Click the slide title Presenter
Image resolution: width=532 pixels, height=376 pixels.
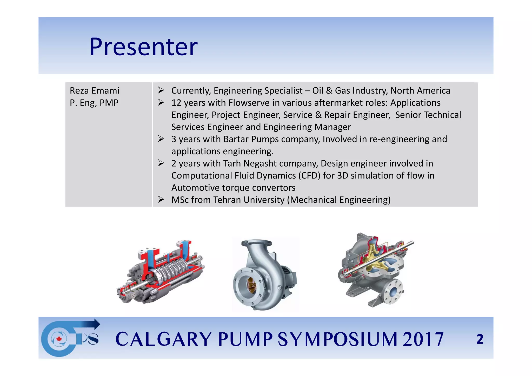(x=143, y=47)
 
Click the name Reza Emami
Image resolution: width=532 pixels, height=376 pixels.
(x=95, y=91)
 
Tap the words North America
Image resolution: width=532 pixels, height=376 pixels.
(x=420, y=91)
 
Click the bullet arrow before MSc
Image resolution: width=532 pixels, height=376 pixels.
(x=161, y=200)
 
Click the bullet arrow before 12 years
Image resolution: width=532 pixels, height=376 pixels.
(x=161, y=103)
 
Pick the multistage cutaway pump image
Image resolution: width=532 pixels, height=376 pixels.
(x=161, y=272)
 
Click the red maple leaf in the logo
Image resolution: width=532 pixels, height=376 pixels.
(x=59, y=339)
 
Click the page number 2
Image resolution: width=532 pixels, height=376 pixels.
(x=480, y=339)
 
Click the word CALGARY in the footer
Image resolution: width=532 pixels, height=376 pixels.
(x=163, y=339)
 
